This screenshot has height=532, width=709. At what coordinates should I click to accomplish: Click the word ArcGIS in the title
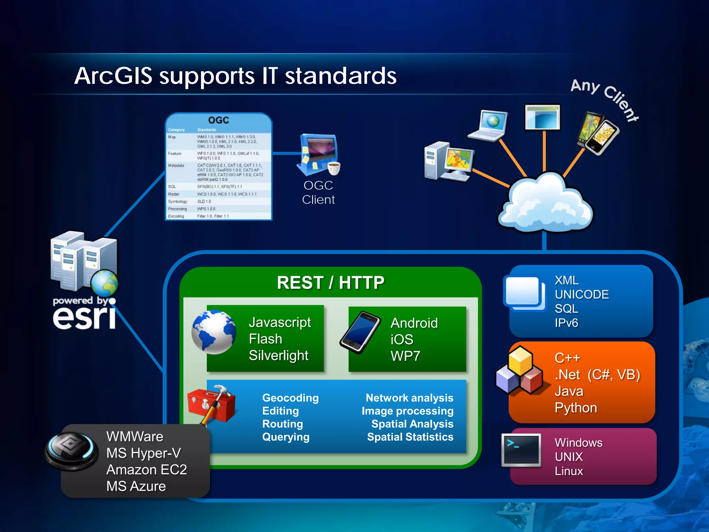[x=113, y=76]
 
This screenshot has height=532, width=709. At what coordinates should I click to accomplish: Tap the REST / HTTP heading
[x=330, y=283]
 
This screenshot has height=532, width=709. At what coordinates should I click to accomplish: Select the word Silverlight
[x=278, y=355]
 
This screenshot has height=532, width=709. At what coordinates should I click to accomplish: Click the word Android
[x=414, y=323]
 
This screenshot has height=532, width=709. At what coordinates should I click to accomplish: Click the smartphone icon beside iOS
[x=360, y=332]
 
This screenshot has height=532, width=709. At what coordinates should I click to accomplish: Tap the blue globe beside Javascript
[x=214, y=332]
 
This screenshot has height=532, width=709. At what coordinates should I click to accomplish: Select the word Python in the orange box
[x=575, y=408]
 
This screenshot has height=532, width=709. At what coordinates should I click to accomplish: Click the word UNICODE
[x=582, y=294]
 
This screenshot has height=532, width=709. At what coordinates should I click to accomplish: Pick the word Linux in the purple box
[x=568, y=471]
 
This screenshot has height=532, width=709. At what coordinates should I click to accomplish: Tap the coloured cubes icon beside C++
[x=519, y=372]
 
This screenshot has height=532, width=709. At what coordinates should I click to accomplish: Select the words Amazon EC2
[x=146, y=470]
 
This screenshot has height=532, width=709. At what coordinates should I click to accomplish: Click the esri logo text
[x=84, y=317]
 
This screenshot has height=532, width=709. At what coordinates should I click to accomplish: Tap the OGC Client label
[x=318, y=193]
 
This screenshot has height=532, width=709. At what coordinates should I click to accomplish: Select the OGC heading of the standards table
[x=218, y=120]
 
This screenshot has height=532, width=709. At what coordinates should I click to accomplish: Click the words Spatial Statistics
[x=410, y=437]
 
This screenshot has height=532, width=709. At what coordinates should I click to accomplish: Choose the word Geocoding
[x=290, y=398]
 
